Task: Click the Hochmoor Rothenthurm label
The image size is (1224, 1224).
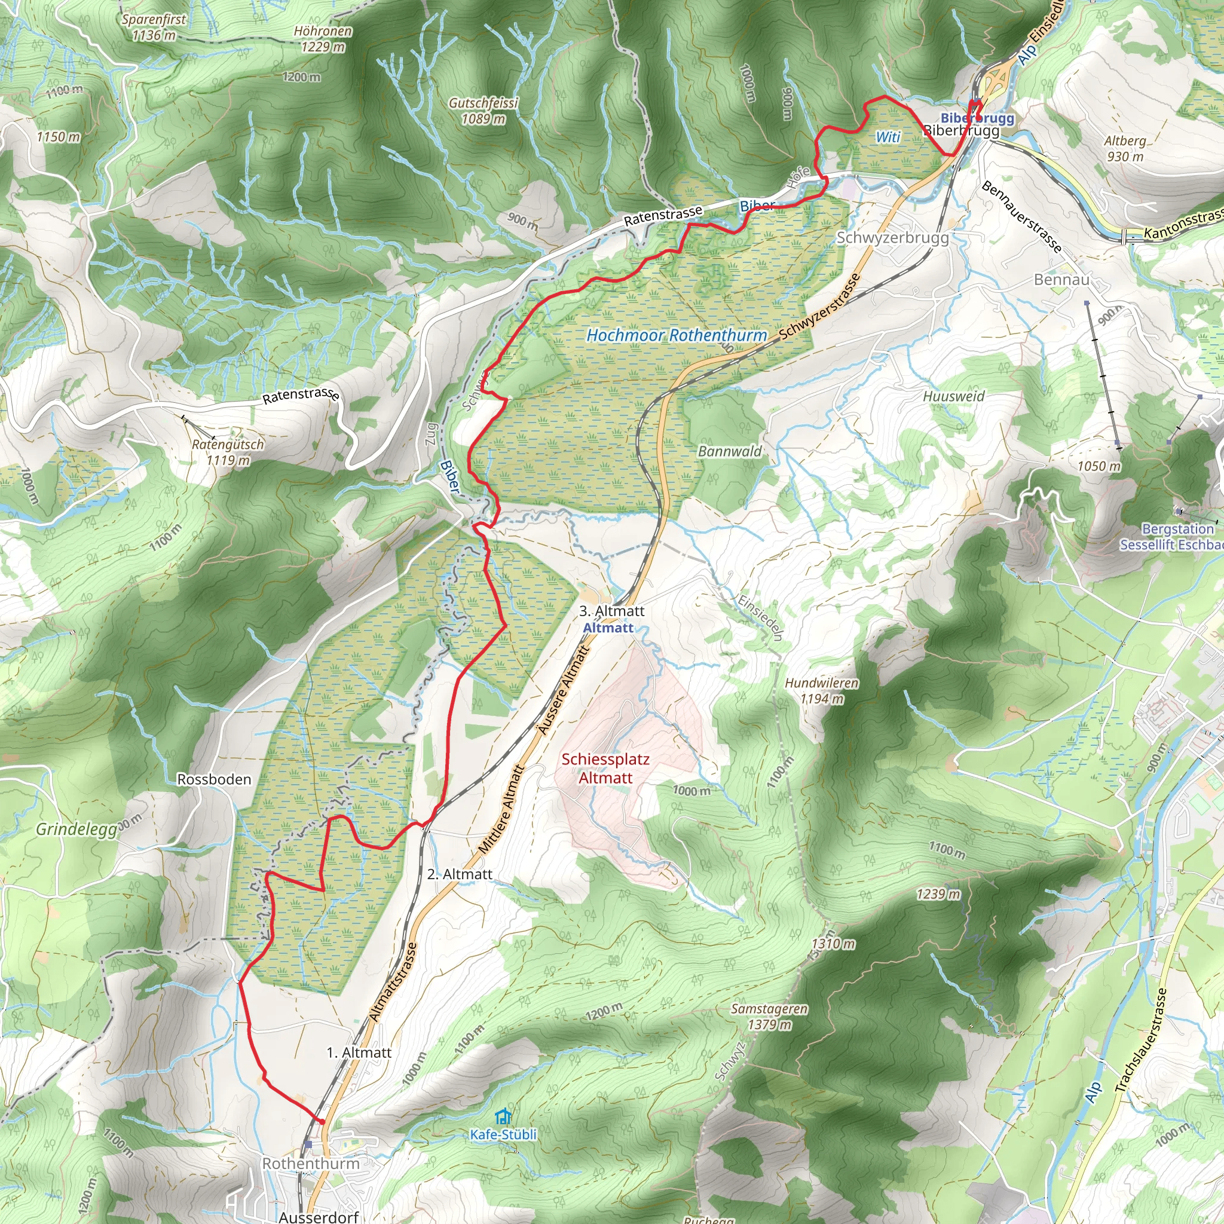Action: click(676, 335)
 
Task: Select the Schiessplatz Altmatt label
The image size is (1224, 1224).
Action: click(605, 768)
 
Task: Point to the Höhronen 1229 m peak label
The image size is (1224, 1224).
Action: click(323, 39)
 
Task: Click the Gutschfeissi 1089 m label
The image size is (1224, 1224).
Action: click(484, 110)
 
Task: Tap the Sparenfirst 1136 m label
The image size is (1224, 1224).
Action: click(154, 27)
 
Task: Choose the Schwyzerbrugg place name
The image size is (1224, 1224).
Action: click(892, 238)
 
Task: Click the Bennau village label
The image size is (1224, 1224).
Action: click(1061, 279)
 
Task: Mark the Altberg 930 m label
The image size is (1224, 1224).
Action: click(1125, 148)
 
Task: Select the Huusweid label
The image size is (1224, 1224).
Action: click(953, 396)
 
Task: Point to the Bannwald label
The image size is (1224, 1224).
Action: click(730, 451)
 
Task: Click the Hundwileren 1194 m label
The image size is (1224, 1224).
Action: click(822, 690)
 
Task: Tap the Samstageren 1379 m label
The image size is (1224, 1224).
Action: click(769, 1016)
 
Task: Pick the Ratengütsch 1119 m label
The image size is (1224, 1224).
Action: click(228, 452)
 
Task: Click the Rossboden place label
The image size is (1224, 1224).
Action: click(214, 779)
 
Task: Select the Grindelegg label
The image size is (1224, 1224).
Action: click(76, 830)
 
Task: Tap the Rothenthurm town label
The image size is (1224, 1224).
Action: click(310, 1164)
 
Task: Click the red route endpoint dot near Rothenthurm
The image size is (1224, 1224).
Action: click(323, 1122)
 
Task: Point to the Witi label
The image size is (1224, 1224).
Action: click(888, 137)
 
